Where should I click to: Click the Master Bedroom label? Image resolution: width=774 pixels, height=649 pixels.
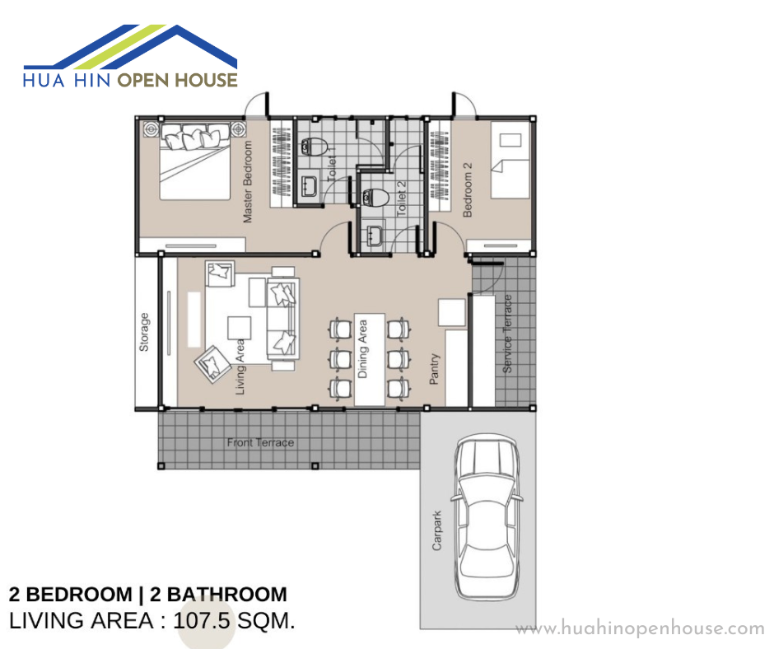(248, 182)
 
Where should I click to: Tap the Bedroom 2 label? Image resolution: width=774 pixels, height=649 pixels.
(468, 189)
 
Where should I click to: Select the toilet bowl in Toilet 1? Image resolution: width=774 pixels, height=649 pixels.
(314, 147)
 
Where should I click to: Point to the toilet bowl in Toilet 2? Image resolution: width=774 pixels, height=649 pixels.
(375, 198)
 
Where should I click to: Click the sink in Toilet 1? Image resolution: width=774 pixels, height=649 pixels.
(309, 185)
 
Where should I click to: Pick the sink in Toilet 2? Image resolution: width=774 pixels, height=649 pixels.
(374, 234)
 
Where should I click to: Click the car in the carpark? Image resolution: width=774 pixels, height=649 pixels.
(487, 516)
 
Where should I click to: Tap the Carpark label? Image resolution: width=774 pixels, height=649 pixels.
(437, 530)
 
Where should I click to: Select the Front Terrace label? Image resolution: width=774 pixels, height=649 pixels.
(260, 442)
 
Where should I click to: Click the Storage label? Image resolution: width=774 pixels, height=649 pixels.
(143, 332)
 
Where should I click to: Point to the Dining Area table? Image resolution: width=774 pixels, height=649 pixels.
(370, 360)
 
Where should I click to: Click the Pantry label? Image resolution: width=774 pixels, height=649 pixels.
(434, 369)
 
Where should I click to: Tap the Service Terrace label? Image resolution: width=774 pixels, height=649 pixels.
(507, 334)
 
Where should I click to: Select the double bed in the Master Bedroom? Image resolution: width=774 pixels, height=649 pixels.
(195, 161)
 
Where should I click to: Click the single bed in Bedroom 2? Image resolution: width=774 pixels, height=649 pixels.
(510, 160)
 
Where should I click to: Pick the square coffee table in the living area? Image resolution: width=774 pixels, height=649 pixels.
(239, 329)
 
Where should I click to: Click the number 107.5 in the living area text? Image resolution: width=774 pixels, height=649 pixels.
(202, 621)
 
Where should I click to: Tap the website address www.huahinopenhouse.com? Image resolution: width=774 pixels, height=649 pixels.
(640, 628)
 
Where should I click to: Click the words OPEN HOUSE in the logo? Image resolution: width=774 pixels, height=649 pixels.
(177, 80)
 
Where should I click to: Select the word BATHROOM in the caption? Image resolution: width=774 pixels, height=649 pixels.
(227, 594)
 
